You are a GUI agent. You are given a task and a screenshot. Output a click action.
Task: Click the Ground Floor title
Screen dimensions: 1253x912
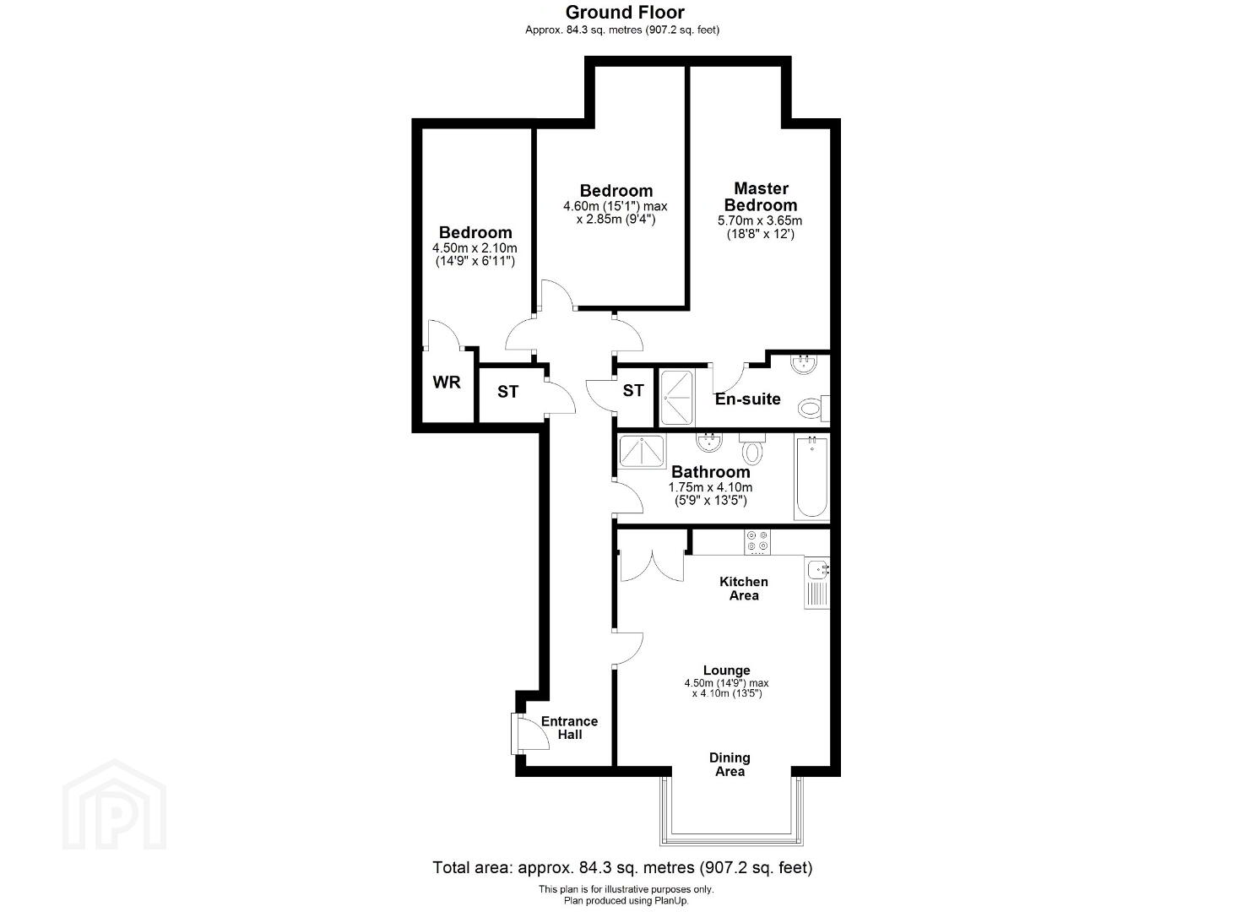pyautogui.click(x=625, y=13)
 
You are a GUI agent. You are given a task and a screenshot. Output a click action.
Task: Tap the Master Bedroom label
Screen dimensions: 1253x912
pyautogui.click(x=761, y=197)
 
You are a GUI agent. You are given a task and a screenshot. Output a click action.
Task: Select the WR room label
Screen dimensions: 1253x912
pyautogui.click(x=447, y=383)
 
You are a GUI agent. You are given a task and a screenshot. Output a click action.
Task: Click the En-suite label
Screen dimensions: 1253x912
pyautogui.click(x=747, y=399)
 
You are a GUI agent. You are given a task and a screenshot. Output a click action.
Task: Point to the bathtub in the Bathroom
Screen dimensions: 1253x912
pyautogui.click(x=811, y=478)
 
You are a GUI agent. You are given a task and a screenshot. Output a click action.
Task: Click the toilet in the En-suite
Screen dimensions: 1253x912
pyautogui.click(x=813, y=407)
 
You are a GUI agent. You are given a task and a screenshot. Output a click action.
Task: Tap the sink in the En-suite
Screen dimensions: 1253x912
pyautogui.click(x=805, y=364)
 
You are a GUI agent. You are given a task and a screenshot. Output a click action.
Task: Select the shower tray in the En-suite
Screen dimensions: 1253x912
pyautogui.click(x=677, y=397)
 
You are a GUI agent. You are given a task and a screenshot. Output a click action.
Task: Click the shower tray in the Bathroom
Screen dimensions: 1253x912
pyautogui.click(x=643, y=451)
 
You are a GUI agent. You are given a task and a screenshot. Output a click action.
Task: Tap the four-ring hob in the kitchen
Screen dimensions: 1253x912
pyautogui.click(x=757, y=541)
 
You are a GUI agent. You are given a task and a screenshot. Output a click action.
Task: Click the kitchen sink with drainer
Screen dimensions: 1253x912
pyautogui.click(x=816, y=583)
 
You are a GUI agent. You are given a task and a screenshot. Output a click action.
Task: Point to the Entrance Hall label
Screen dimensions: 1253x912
pyautogui.click(x=569, y=728)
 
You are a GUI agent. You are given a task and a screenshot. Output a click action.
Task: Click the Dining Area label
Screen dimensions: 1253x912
pyautogui.click(x=730, y=764)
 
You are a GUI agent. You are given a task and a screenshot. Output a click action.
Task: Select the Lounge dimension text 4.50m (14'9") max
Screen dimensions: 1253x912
pyautogui.click(x=726, y=683)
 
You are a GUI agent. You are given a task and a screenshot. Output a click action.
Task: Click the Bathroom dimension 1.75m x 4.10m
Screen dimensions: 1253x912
pyautogui.click(x=710, y=487)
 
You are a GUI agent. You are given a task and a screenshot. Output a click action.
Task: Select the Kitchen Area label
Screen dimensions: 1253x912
pyautogui.click(x=743, y=588)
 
